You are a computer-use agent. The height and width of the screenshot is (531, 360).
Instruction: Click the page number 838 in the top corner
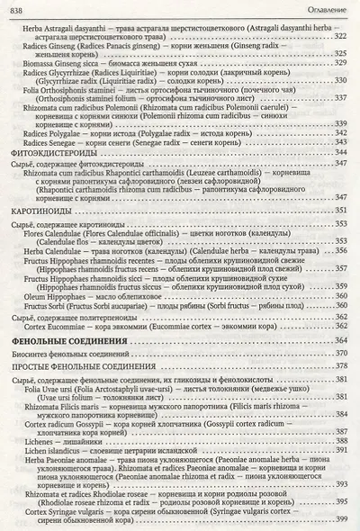coord(14,8)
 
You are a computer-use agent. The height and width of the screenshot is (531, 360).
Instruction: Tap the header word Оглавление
coord(329,8)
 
